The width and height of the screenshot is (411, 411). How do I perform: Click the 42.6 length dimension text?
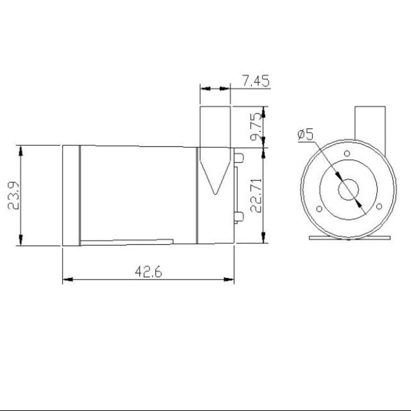[148, 272]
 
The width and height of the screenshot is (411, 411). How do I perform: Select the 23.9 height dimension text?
[13, 195]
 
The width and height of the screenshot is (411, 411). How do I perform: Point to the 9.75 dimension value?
[256, 127]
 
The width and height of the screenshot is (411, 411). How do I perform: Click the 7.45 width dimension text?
[255, 81]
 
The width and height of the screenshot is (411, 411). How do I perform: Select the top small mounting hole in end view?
[347, 154]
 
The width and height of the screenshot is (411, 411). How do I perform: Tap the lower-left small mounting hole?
[319, 209]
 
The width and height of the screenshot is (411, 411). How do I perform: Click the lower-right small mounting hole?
[379, 206]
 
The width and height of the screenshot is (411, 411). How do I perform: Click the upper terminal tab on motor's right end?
[239, 157]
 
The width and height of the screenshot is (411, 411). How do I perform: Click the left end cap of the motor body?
[71, 195]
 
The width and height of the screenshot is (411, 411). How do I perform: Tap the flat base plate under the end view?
[350, 237]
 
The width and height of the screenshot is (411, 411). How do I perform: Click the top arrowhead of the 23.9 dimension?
[20, 151]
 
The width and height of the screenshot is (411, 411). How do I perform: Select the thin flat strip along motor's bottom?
[127, 242]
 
